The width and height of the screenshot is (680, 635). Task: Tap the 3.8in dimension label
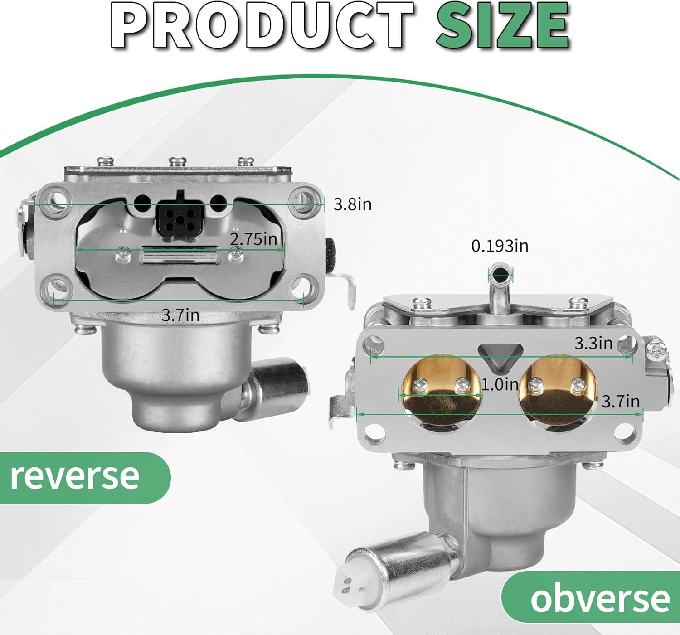[352, 204]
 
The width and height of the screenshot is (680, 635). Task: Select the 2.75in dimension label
[253, 239]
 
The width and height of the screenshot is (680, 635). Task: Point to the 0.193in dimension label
[500, 246]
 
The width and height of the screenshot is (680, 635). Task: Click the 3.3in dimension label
[593, 343]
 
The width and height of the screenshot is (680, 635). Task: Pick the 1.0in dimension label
[500, 385]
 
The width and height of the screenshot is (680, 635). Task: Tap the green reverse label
[75, 476]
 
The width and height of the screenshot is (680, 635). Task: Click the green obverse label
[599, 598]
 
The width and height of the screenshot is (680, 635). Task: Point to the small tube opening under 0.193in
[500, 274]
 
